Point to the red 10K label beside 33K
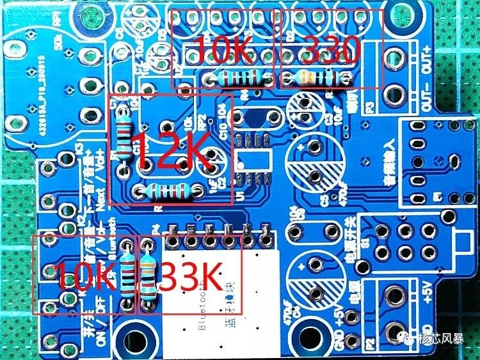click(85, 276)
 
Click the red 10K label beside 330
click(224, 49)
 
